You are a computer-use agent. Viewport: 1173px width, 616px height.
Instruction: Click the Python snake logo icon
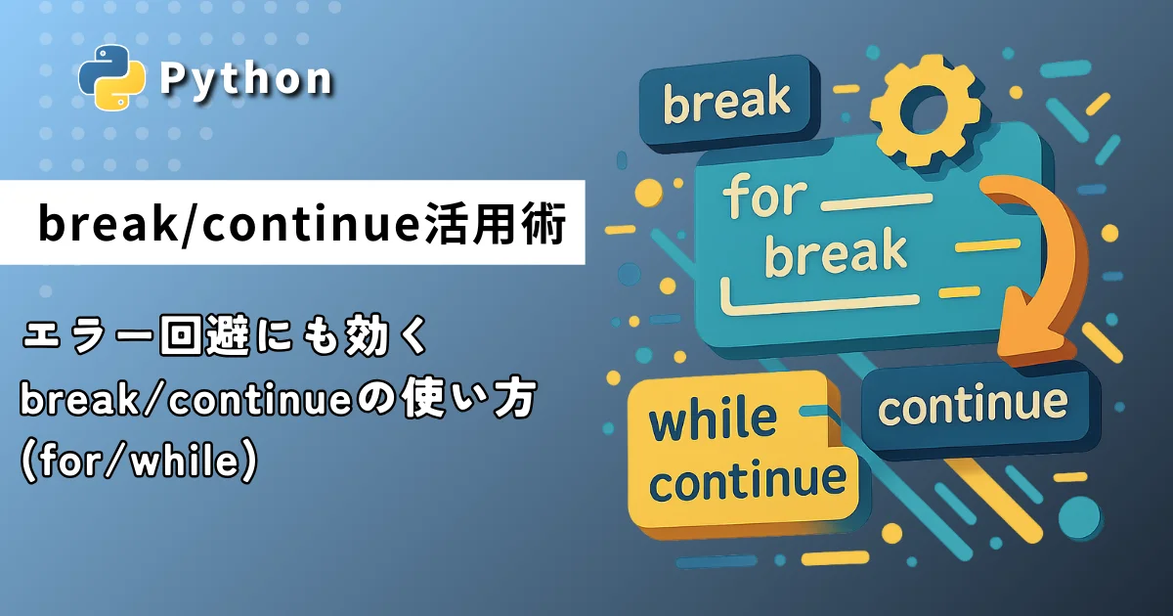coord(111,77)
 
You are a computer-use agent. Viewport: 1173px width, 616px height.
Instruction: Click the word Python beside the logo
coord(245,79)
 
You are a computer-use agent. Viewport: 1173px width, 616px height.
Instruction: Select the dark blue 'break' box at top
coord(729,104)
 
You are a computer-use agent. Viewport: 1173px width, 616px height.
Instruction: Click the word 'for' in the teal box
coord(764,197)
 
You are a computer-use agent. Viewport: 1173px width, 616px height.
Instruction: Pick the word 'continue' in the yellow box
coord(748,481)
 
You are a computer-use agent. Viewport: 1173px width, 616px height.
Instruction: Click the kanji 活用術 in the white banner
coord(496,224)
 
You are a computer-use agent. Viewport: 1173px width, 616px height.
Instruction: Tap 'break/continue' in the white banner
coord(231,224)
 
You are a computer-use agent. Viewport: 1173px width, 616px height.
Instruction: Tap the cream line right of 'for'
coord(877,202)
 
